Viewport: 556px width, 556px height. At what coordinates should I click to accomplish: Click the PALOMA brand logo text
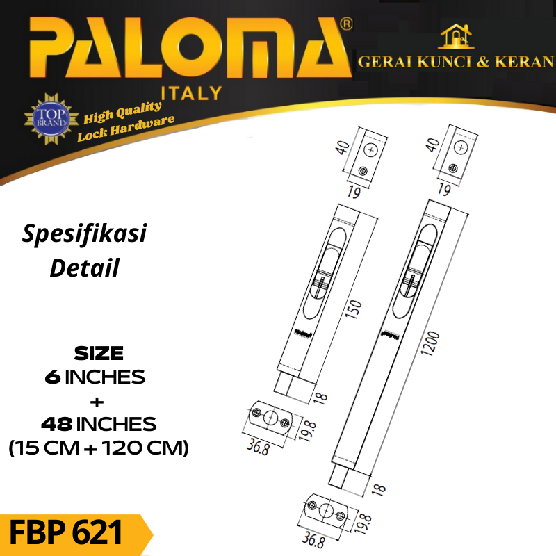coord(190,47)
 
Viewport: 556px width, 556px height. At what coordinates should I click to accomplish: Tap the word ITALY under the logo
coord(192,94)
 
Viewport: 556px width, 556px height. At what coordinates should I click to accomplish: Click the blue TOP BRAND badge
coord(51,118)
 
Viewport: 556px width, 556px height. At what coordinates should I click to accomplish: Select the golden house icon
coord(456,37)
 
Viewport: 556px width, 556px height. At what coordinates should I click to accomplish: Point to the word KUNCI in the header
coord(444,62)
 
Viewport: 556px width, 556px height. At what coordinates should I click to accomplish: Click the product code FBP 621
coord(65,532)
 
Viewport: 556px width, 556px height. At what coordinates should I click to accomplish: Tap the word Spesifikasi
coord(84,234)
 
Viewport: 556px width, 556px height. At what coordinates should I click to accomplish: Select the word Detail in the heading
coord(84,268)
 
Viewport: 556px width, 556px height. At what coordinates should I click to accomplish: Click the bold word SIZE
coord(99,353)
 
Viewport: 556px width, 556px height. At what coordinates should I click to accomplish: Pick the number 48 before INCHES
coord(57,424)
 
